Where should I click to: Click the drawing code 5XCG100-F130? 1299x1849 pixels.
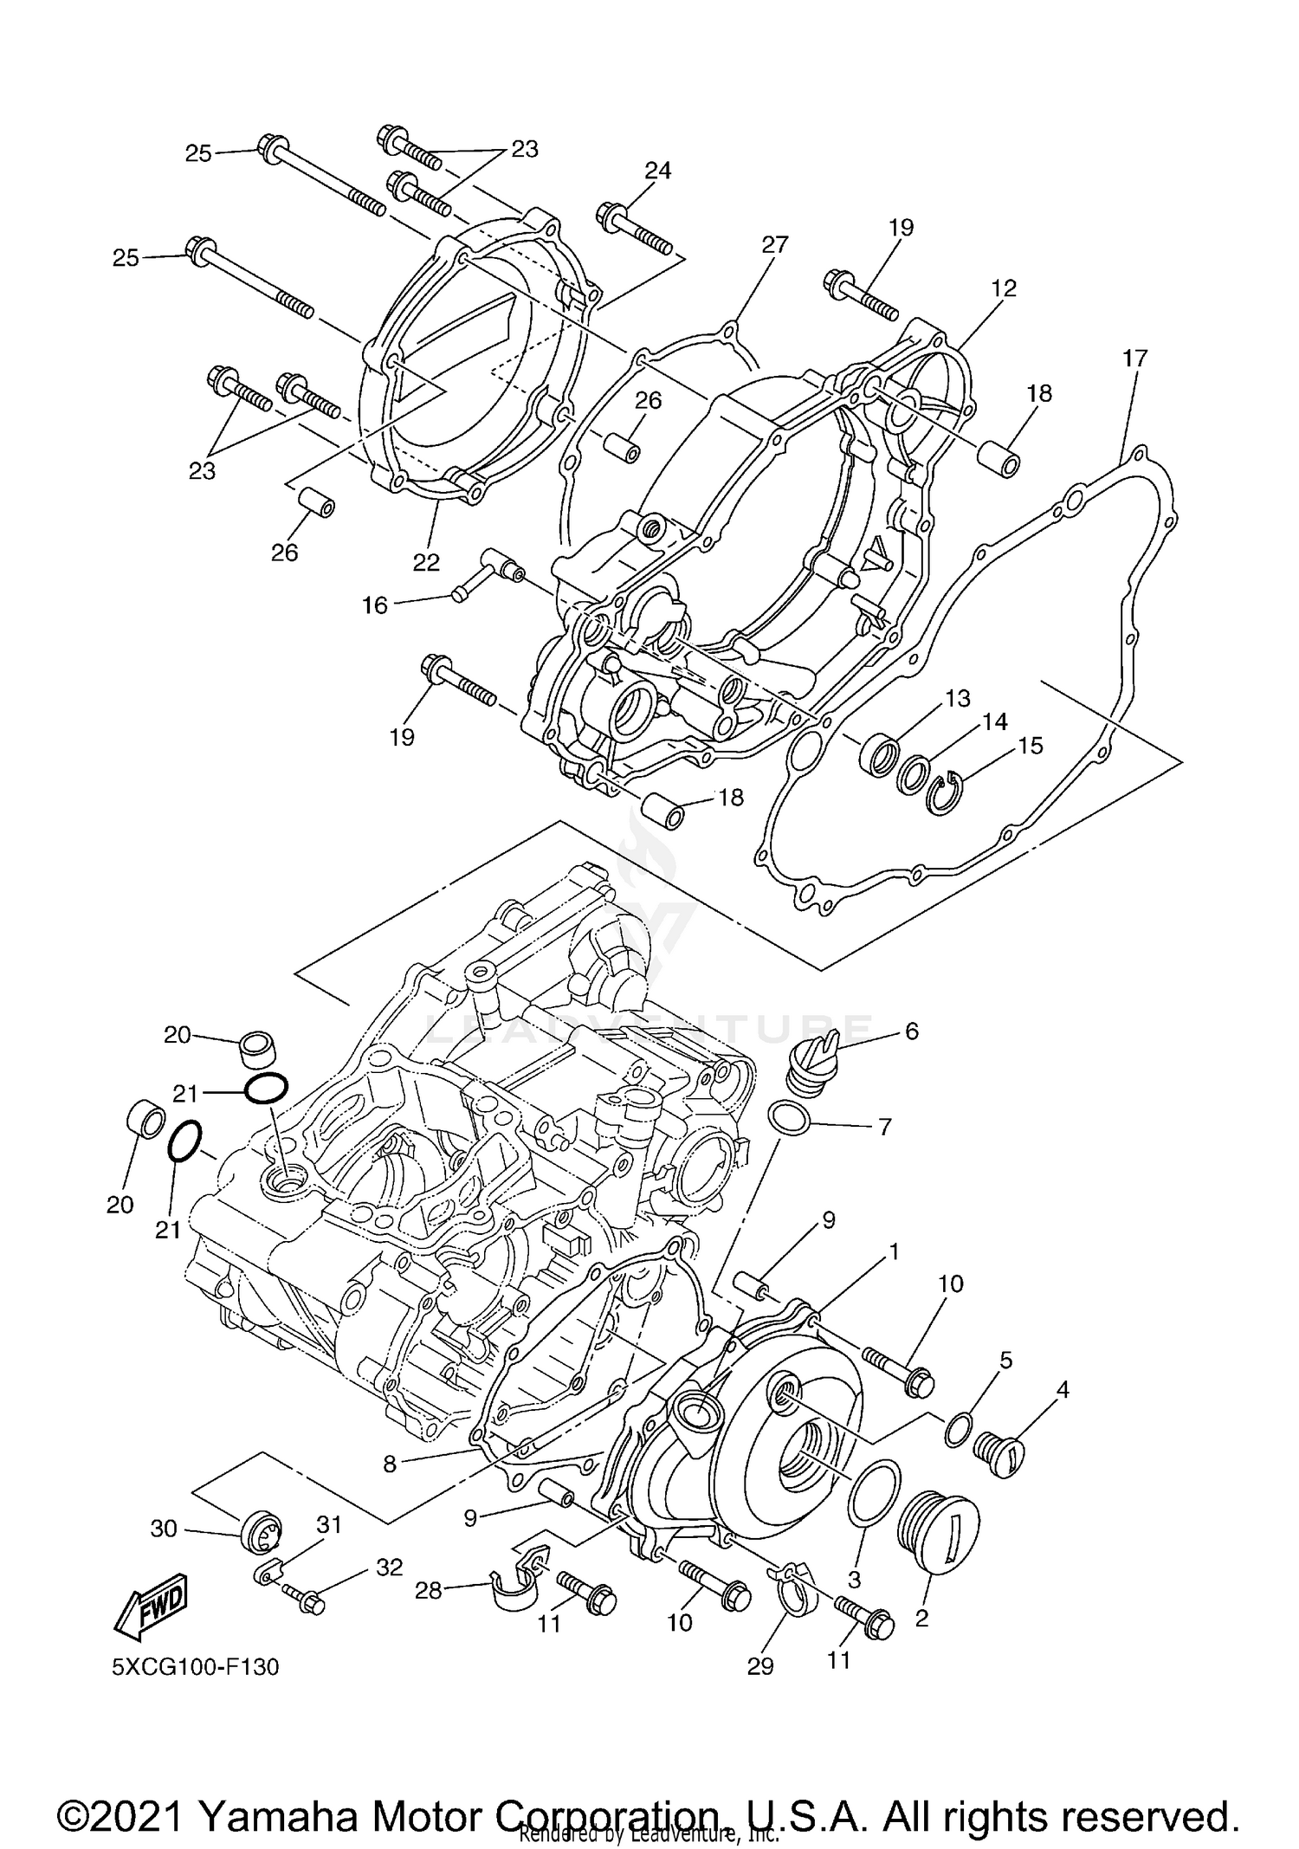[195, 1667]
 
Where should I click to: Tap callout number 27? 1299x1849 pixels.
[774, 245]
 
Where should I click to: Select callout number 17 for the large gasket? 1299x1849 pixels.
[1134, 358]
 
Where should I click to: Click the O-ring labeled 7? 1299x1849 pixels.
[789, 1119]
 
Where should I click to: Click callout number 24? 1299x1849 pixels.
[658, 171]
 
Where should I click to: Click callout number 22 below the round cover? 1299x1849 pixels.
[426, 562]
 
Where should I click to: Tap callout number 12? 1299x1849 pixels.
[1004, 288]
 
